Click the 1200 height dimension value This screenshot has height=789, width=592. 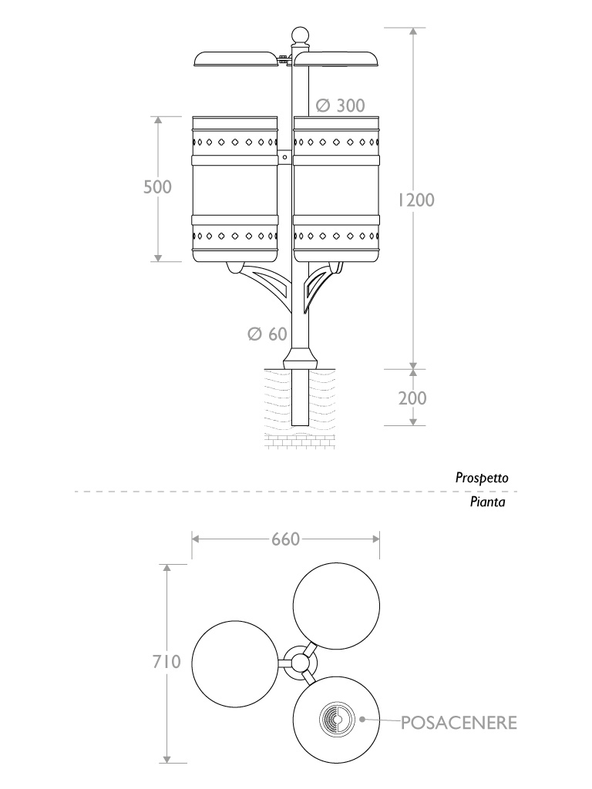(416, 200)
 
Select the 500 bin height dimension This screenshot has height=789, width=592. (157, 187)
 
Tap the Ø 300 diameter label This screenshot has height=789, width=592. (340, 106)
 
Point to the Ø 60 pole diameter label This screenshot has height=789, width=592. (267, 334)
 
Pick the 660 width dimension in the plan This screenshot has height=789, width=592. (284, 539)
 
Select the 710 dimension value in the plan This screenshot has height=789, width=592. (166, 661)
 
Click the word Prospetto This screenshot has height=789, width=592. (482, 478)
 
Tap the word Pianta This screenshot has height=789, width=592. (487, 502)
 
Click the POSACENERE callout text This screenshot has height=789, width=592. (458, 722)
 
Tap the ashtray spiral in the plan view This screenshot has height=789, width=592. (335, 720)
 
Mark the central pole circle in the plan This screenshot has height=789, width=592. (298, 663)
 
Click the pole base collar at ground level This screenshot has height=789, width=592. (299, 359)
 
